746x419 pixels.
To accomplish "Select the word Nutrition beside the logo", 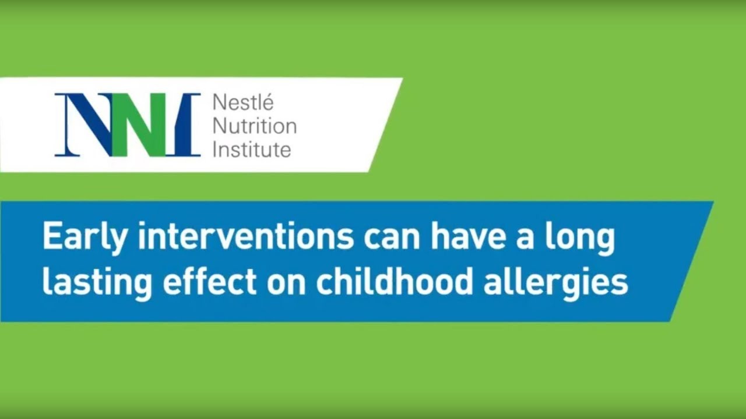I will [x=254, y=126].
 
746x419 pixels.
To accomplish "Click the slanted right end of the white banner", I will [x=385, y=125].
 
